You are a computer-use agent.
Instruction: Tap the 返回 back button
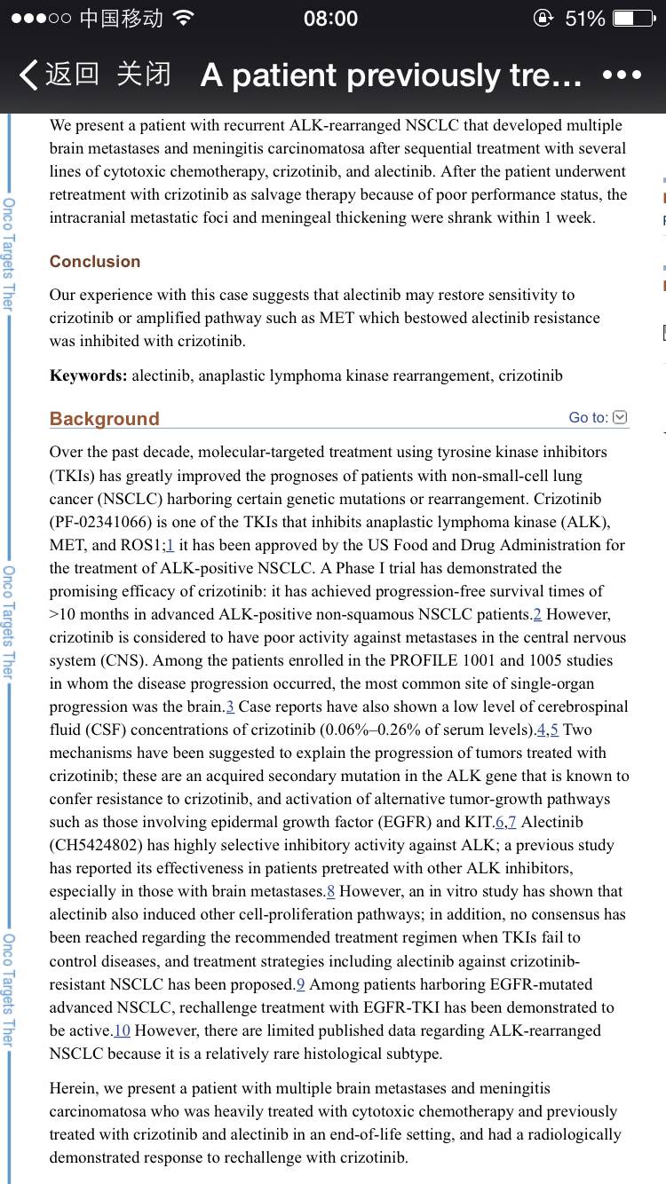[x=59, y=75]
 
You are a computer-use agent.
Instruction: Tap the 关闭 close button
[x=144, y=75]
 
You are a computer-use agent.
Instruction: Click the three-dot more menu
[x=622, y=75]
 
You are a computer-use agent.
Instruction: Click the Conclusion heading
[x=95, y=261]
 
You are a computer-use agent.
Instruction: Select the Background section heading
[x=104, y=418]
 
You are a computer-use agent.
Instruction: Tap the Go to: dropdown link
[x=598, y=417]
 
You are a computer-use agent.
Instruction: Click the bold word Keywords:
[x=89, y=375]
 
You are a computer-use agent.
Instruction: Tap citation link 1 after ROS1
[x=170, y=545]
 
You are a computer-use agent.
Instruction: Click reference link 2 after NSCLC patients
[x=536, y=614]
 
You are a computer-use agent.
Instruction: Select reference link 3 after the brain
[x=230, y=706]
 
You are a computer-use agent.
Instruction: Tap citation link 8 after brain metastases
[x=330, y=891]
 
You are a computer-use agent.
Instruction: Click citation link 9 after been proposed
[x=300, y=983]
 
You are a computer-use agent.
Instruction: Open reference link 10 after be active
[x=122, y=1030]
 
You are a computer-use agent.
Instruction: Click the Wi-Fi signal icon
[x=184, y=18]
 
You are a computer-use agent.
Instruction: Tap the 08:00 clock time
[x=330, y=18]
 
